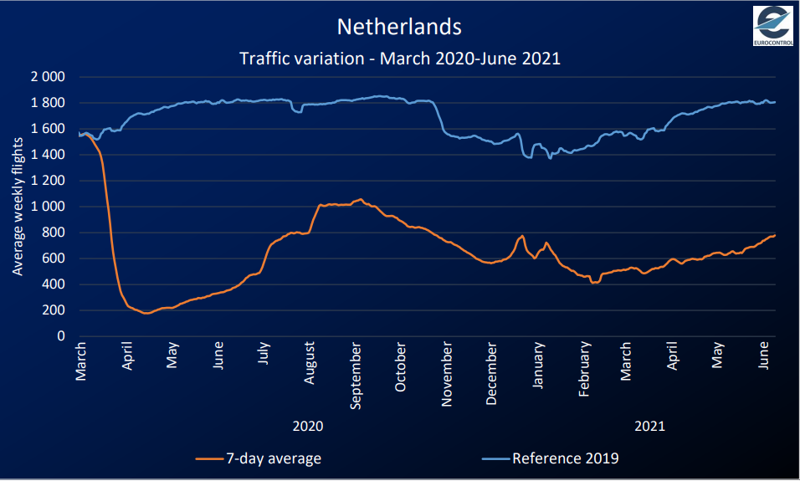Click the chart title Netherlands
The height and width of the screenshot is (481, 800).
click(x=399, y=27)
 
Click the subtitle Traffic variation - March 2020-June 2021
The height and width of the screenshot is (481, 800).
click(x=399, y=59)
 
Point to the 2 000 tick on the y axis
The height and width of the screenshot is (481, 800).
click(x=48, y=77)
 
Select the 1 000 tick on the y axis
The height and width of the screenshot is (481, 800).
click(x=48, y=207)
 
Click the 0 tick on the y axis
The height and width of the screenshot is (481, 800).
click(x=61, y=336)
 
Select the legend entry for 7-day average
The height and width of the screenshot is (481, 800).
click(x=259, y=458)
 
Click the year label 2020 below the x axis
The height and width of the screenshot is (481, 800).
click(x=308, y=426)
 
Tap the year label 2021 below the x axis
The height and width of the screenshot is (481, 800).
click(x=649, y=426)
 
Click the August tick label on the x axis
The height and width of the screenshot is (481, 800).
click(x=310, y=363)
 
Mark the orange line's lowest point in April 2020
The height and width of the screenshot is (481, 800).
click(x=147, y=313)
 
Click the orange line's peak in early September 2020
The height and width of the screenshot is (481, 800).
click(x=361, y=199)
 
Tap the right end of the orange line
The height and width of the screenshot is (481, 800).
click(x=775, y=235)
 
